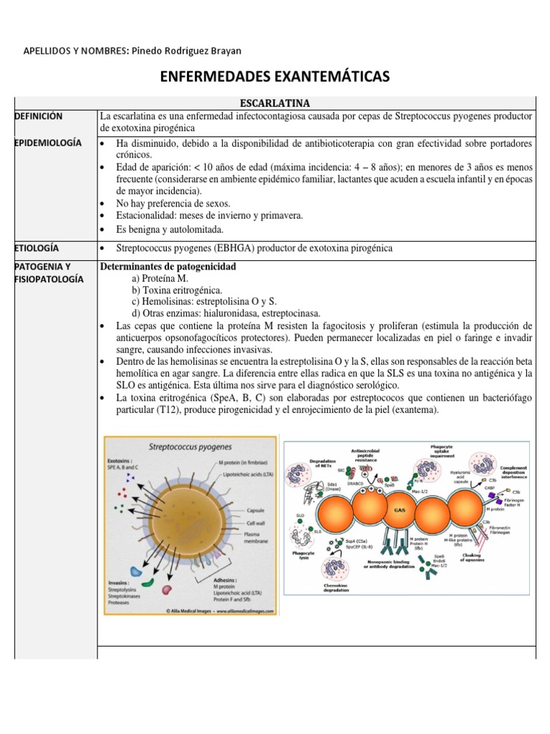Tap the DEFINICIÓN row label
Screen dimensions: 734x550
click(38, 116)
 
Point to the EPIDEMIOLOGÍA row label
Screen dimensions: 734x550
click(47, 143)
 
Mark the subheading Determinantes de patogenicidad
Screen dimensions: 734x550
click(168, 267)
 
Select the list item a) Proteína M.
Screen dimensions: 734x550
click(165, 279)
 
